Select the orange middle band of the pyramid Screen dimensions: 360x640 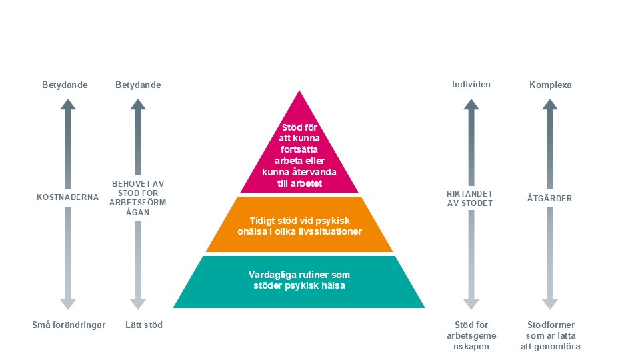[299, 225]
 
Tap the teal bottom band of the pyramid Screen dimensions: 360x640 [299, 281]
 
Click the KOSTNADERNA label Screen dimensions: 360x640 [67, 197]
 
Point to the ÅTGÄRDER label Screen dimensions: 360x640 [549, 198]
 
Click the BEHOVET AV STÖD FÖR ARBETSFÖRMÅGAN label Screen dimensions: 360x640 [138, 197]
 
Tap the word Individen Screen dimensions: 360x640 [471, 85]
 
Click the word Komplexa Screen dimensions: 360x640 [550, 85]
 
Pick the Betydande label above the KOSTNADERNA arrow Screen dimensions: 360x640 [65, 85]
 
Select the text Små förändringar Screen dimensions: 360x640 [69, 325]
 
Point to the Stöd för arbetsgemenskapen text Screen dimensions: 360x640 [471, 336]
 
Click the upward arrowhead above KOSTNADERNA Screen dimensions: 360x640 [67, 104]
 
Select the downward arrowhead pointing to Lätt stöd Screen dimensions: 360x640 [138, 304]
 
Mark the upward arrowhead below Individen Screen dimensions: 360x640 [471, 104]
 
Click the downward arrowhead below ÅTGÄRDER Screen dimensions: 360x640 [549, 304]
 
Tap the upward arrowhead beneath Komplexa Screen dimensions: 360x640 [549, 104]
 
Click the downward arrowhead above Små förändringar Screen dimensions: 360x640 [67, 304]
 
